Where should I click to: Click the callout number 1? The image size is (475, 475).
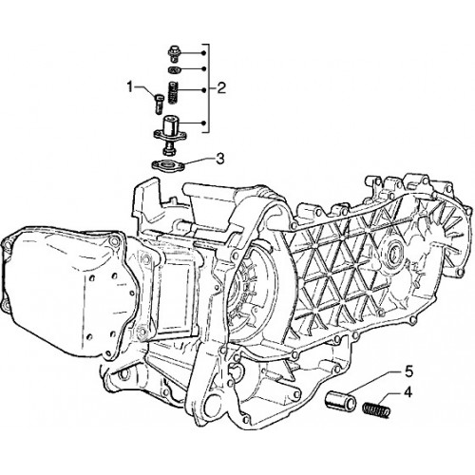(129, 86)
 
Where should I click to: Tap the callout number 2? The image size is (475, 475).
(221, 87)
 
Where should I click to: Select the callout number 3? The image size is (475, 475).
(220, 159)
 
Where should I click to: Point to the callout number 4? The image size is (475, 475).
(408, 392)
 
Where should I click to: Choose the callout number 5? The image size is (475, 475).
(408, 371)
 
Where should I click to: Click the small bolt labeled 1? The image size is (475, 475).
(159, 104)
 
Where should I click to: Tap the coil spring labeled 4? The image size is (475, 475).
(376, 408)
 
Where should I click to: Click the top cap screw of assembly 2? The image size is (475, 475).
(173, 54)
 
